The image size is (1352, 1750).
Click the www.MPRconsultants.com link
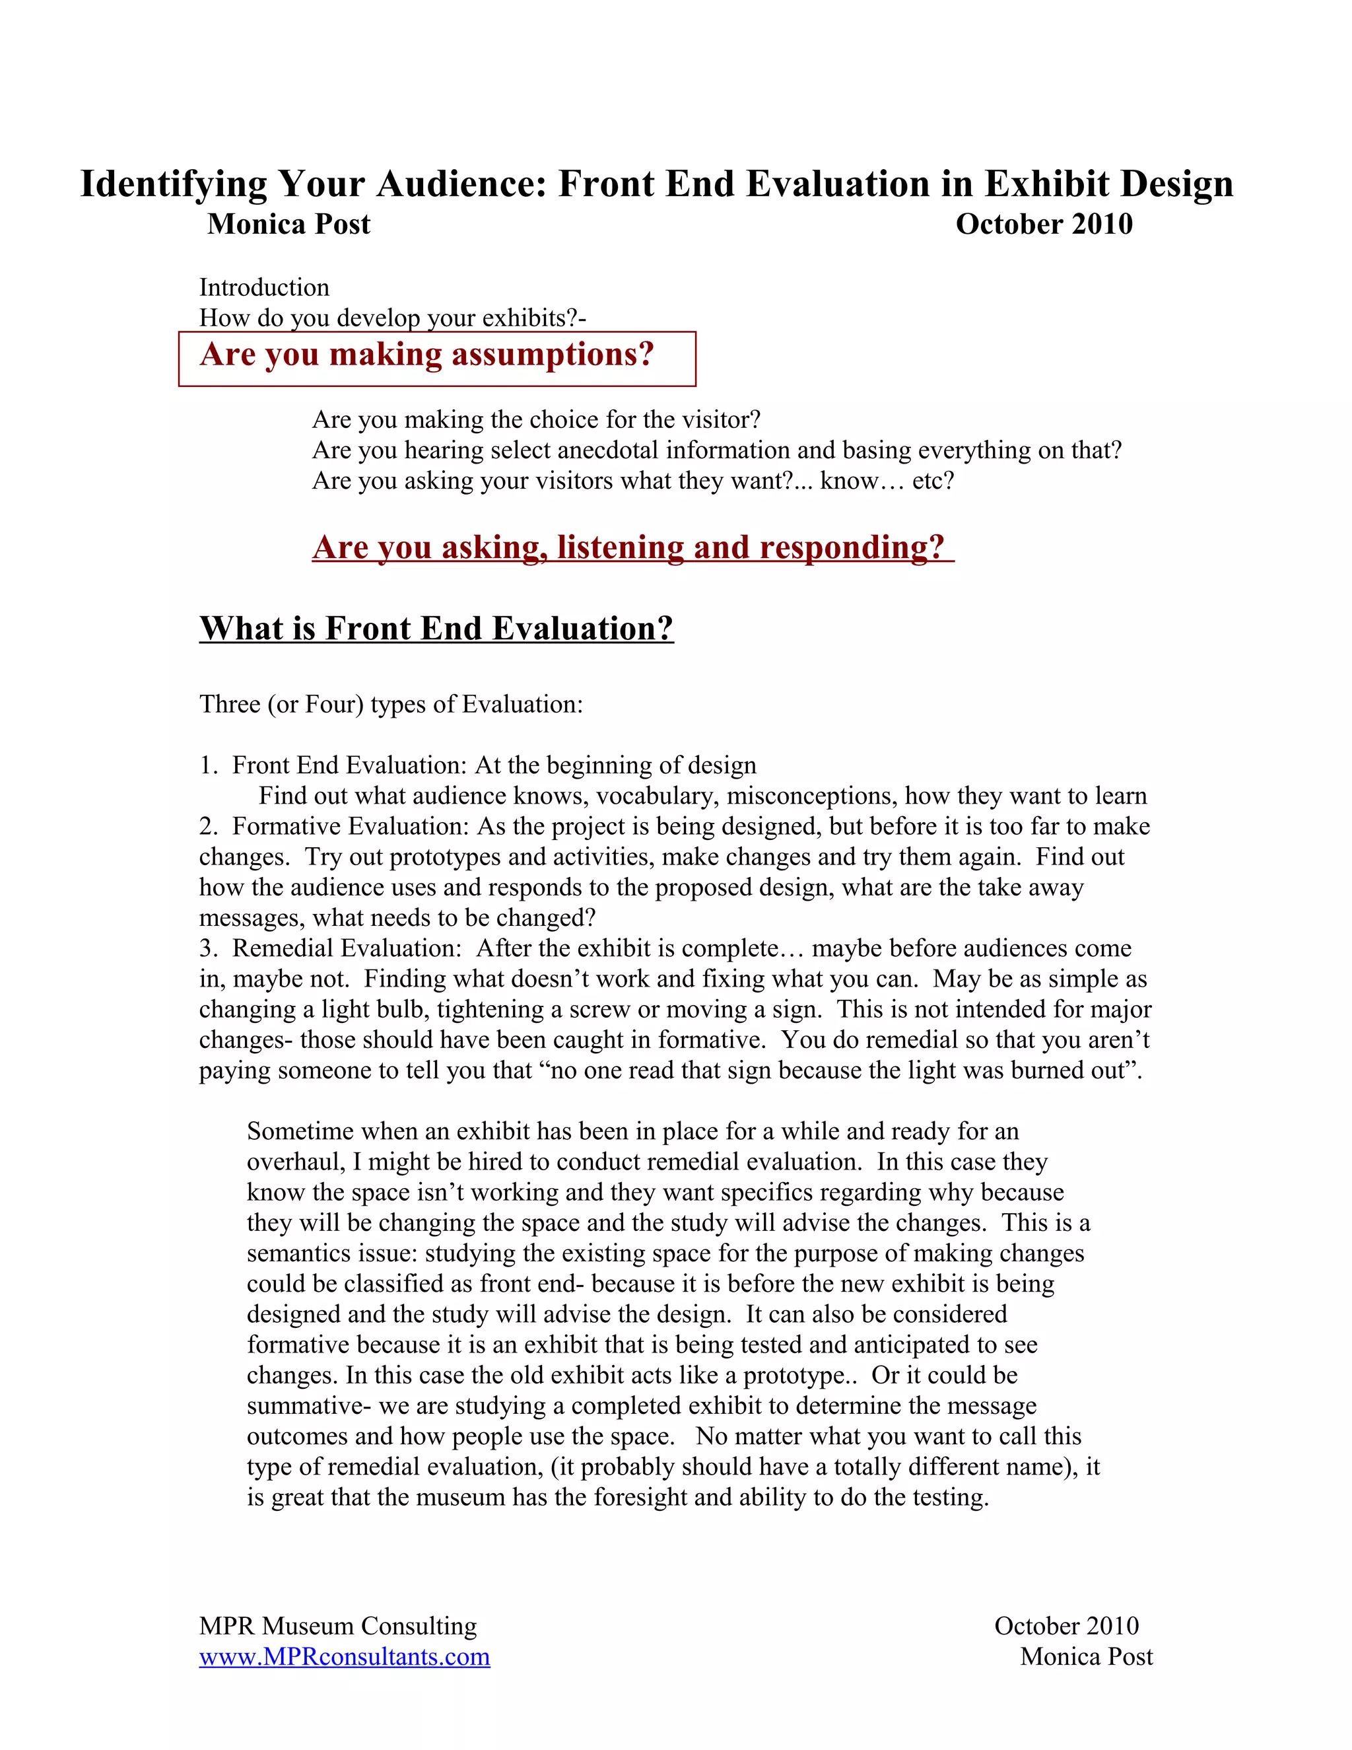click(x=345, y=1656)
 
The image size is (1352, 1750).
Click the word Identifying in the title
click(x=174, y=184)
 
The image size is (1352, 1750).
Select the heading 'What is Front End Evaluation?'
click(x=436, y=629)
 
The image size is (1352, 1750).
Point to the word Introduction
click(x=264, y=288)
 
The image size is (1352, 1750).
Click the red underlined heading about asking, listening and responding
click(x=632, y=547)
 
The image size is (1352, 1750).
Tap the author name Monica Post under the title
click(x=289, y=225)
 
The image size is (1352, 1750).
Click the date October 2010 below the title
click(x=1044, y=225)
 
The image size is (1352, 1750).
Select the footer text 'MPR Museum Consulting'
click(x=338, y=1626)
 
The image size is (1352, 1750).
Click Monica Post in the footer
click(x=1086, y=1656)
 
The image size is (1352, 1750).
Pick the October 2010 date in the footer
click(x=1066, y=1626)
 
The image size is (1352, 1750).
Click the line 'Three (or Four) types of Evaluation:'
click(x=391, y=705)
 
